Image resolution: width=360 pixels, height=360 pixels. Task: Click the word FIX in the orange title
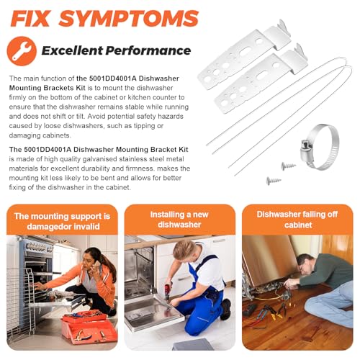30,19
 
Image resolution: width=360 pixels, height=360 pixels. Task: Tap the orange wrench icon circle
22,51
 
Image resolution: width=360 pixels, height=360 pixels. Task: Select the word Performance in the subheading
148,50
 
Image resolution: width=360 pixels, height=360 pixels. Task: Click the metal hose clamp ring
319,146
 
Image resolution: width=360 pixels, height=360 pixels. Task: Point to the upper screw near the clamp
288,166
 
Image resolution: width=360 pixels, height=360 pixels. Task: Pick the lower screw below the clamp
274,181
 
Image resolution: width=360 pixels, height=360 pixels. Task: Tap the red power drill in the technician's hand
168,290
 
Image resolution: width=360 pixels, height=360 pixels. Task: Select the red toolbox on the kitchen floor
89,326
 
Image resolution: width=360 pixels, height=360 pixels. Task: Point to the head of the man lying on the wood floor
305,264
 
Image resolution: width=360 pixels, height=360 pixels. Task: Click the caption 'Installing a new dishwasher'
179,220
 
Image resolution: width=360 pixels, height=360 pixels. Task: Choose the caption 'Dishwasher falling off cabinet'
297,220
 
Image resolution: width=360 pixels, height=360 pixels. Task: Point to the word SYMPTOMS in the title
129,19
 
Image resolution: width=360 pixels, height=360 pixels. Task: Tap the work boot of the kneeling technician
225,309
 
